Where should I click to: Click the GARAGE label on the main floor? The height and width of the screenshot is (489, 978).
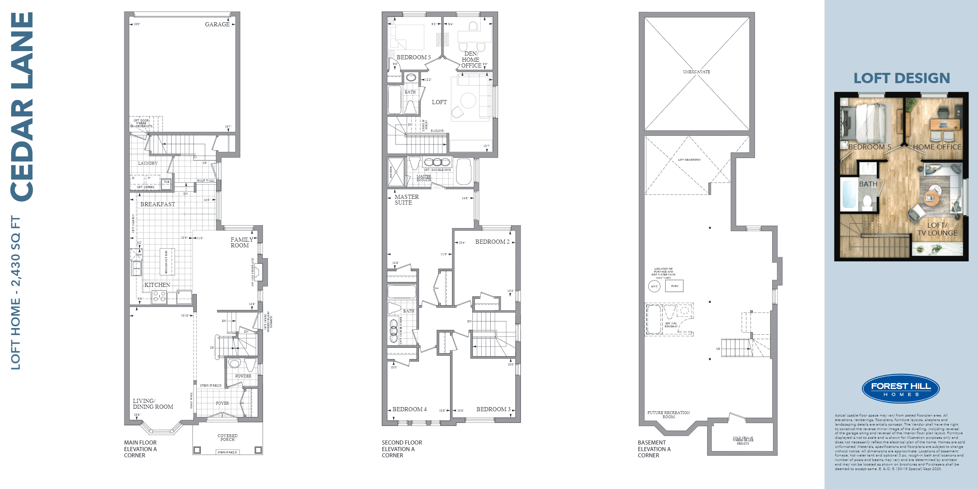coord(217,24)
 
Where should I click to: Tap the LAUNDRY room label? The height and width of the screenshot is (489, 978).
coord(148,163)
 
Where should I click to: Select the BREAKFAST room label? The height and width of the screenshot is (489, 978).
coord(157,204)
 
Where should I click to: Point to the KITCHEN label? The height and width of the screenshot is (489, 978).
coord(157,285)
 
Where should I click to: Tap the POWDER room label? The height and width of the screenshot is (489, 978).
coord(243,376)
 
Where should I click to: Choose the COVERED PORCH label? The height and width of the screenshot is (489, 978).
coord(227,438)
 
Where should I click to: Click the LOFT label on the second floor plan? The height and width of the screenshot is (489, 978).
coord(439,102)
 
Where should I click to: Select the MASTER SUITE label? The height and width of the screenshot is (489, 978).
coord(406,200)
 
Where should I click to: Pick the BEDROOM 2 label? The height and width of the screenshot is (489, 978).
coord(492,242)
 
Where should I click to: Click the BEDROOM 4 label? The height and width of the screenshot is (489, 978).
coord(409,409)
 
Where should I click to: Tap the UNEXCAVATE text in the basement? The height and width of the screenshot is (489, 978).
coord(696,72)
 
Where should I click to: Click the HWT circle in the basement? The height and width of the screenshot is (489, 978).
coord(654,286)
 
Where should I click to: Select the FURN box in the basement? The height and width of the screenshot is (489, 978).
coord(674,286)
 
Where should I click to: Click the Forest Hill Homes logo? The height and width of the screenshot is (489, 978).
coord(900,388)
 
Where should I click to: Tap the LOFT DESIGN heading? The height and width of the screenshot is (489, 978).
coord(901,78)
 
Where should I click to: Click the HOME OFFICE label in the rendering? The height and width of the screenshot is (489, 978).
coord(937,147)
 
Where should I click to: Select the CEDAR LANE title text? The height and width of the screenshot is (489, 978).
coord(21,107)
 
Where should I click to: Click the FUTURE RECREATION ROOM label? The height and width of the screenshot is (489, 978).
coord(668,414)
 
